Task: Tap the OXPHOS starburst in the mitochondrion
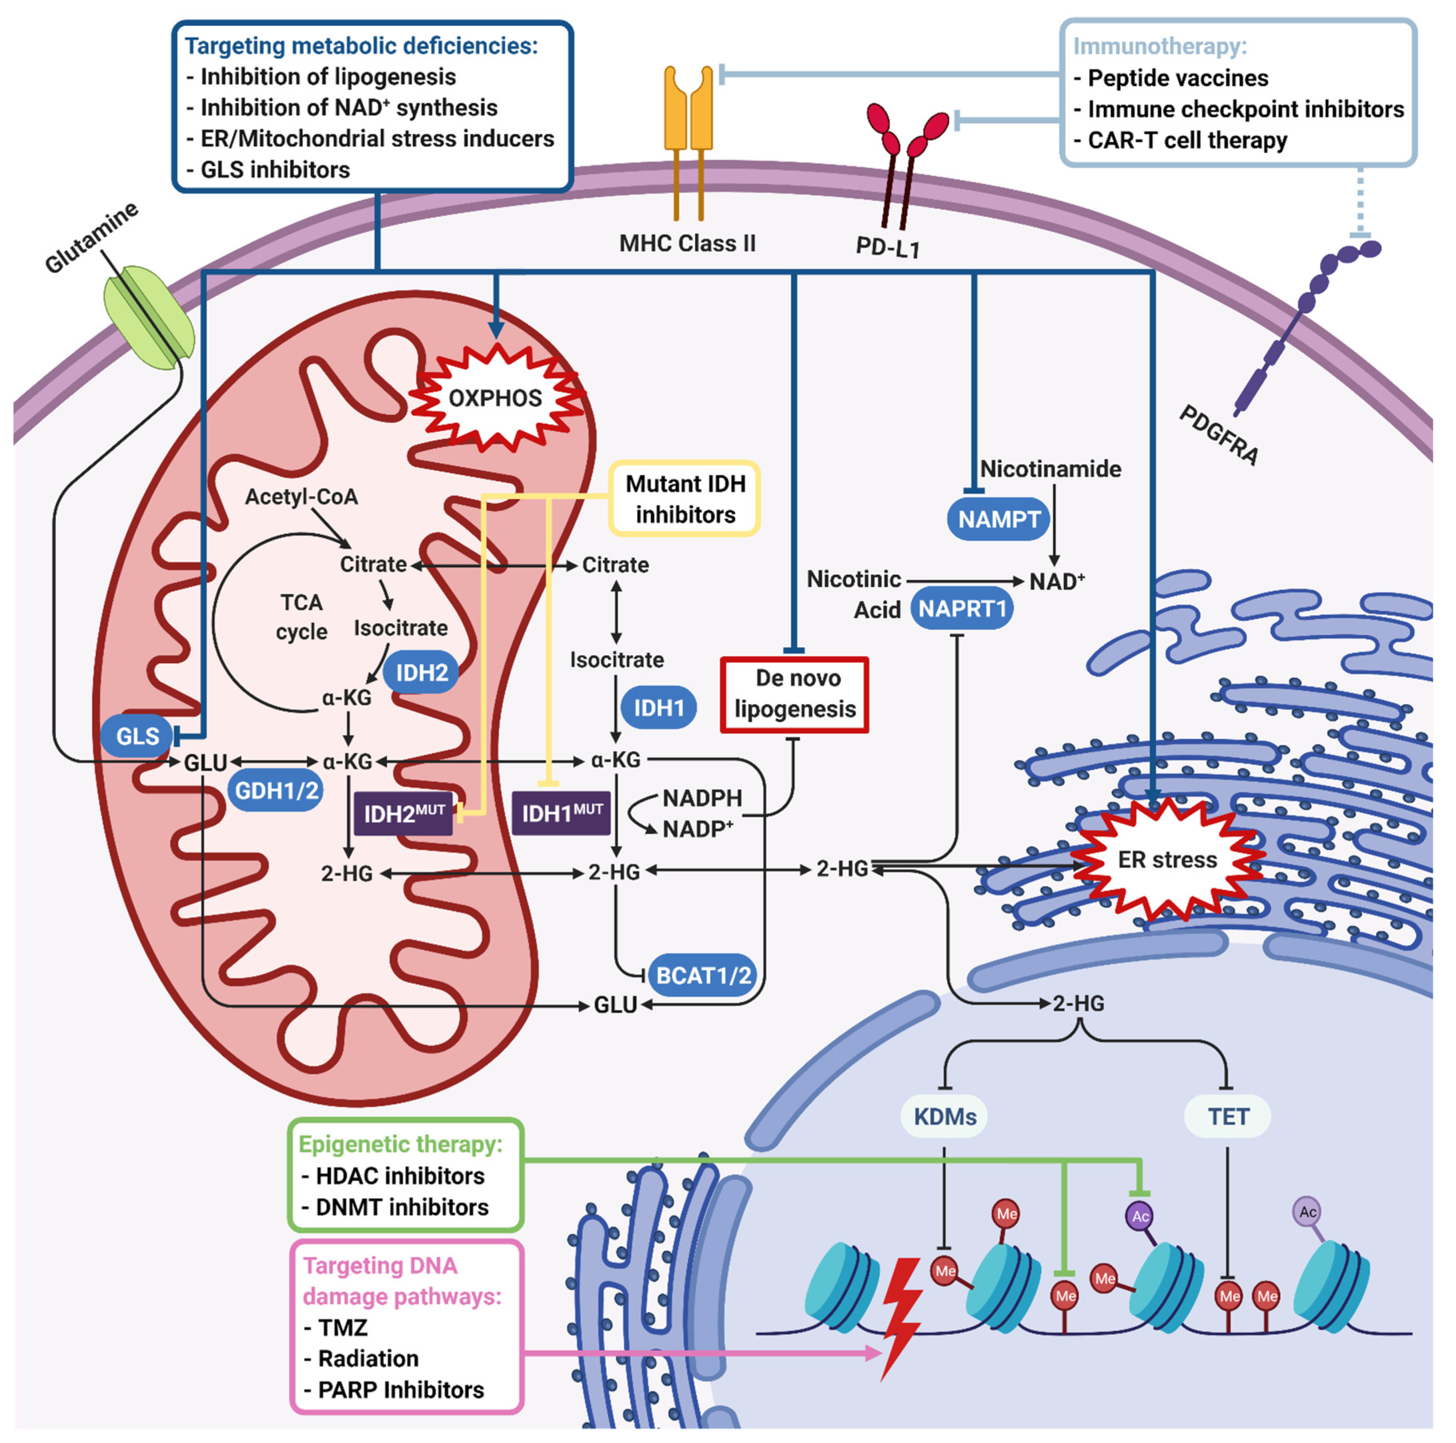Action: pyautogui.click(x=495, y=398)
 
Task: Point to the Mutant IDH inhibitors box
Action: pyautogui.click(x=684, y=499)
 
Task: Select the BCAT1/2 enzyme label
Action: pyautogui.click(x=703, y=976)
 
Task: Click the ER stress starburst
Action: pyautogui.click(x=1166, y=860)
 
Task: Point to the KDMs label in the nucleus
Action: pyautogui.click(x=944, y=1117)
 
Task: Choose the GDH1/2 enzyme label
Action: pyautogui.click(x=277, y=790)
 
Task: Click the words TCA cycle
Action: pyautogui.click(x=302, y=617)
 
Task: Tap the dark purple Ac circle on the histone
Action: pyautogui.click(x=1140, y=1216)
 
